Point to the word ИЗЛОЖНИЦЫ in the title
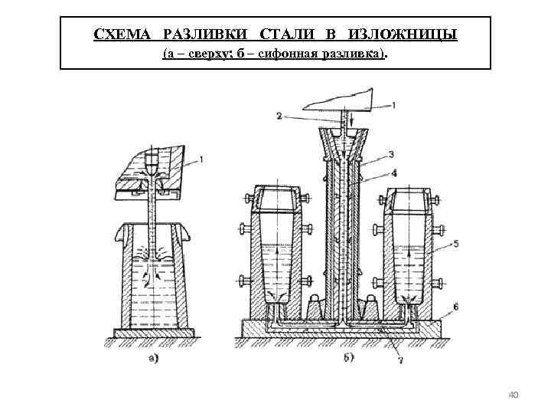click(403, 36)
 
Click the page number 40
click(514, 395)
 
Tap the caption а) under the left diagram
click(153, 356)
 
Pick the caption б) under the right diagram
click(348, 356)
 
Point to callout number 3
click(391, 153)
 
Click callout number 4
click(393, 173)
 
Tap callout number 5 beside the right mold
click(456, 243)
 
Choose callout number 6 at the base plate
click(455, 306)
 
